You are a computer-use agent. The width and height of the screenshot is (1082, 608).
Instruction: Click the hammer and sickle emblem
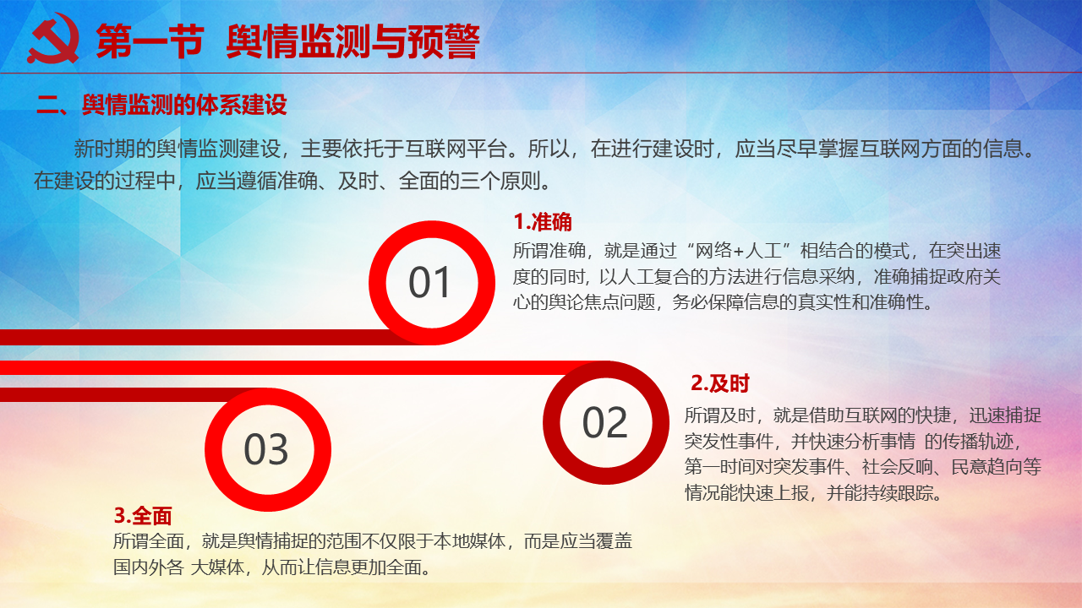click(x=53, y=39)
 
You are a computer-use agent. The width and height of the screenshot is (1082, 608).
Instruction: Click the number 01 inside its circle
click(x=429, y=282)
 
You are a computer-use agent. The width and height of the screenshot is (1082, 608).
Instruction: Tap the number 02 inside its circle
click(x=604, y=422)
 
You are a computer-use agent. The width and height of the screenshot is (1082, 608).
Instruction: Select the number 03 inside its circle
click(x=266, y=449)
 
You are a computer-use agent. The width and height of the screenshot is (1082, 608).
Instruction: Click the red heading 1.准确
click(x=543, y=222)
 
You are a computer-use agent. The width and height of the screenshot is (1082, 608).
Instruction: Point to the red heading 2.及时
click(x=719, y=383)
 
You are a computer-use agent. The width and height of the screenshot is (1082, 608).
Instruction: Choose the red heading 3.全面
click(x=143, y=516)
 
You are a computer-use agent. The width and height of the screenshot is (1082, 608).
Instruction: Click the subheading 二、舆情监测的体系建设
click(x=161, y=105)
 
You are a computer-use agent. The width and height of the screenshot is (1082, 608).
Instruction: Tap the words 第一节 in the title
click(x=150, y=41)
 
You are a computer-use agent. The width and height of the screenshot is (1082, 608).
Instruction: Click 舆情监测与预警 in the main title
click(x=353, y=41)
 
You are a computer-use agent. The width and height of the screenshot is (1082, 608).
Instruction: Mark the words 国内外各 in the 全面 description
click(x=148, y=567)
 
